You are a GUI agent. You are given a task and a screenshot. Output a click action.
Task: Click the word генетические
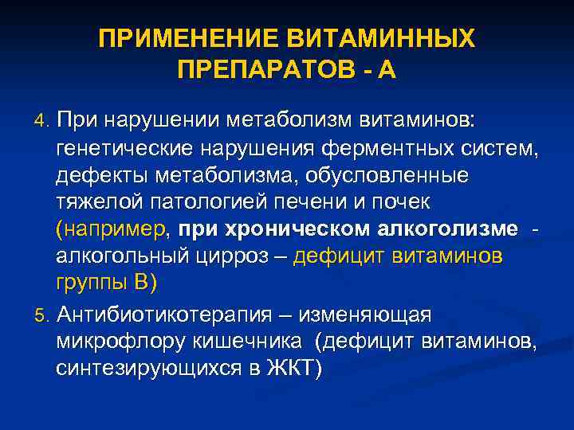pos(124,148)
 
